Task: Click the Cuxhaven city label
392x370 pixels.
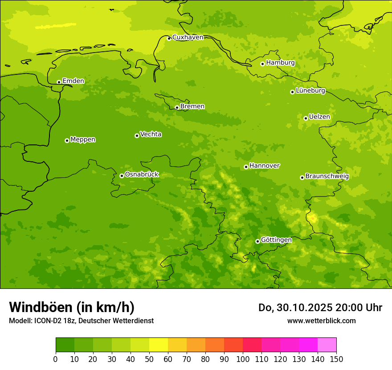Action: click(x=188, y=37)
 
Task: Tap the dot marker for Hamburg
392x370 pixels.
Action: click(x=262, y=64)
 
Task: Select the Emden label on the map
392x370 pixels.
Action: click(x=73, y=81)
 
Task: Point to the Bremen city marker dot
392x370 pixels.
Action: click(x=177, y=107)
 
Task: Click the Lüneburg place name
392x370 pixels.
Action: click(x=310, y=91)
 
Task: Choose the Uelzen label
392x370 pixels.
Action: click(x=319, y=117)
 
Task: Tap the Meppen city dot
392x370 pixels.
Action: click(x=67, y=140)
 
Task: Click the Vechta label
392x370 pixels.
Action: click(x=151, y=135)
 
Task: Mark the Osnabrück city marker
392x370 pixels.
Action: click(x=122, y=176)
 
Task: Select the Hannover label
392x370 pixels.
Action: click(x=264, y=166)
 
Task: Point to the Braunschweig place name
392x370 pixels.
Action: click(x=327, y=177)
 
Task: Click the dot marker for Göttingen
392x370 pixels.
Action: click(x=257, y=241)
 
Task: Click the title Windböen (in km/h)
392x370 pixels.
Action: click(x=72, y=307)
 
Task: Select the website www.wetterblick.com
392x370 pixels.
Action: click(x=321, y=321)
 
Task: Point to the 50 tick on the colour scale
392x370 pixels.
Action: click(x=149, y=359)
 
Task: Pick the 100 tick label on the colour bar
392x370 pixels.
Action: click(x=243, y=359)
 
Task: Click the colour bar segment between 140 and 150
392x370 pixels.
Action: click(x=327, y=345)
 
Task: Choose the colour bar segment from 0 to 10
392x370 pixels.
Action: click(x=65, y=345)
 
